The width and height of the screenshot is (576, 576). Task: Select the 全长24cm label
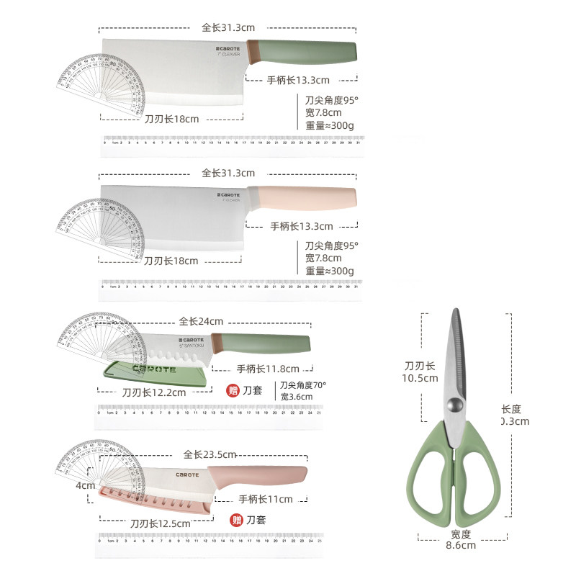coord(201,321)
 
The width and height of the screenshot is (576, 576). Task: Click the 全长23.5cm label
coord(210,454)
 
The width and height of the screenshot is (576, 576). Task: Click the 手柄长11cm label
coord(266,499)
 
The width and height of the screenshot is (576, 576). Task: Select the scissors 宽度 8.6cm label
coord(462,539)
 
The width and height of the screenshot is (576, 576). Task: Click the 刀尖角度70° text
coord(302,385)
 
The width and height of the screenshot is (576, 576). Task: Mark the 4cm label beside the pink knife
coord(86,486)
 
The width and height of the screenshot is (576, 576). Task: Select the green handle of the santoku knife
coord(268,343)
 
